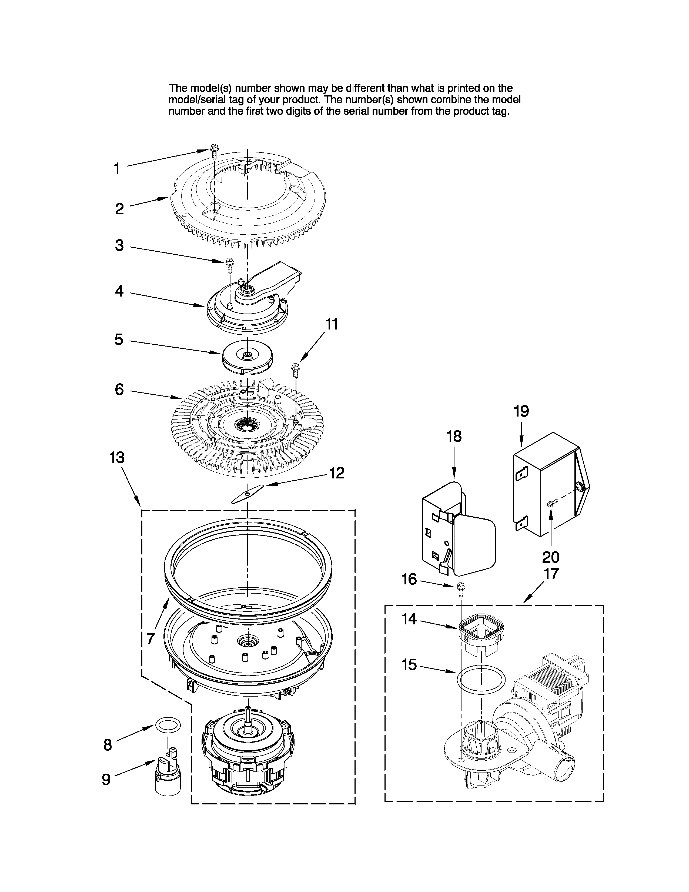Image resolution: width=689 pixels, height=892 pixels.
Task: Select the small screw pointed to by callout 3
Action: click(x=229, y=264)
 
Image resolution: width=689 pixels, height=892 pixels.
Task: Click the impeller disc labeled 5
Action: click(x=247, y=357)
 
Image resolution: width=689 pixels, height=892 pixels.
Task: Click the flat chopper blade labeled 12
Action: click(x=247, y=495)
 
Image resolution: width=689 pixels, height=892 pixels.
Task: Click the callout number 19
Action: click(x=521, y=411)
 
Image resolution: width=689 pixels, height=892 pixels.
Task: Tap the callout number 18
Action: click(x=454, y=436)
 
